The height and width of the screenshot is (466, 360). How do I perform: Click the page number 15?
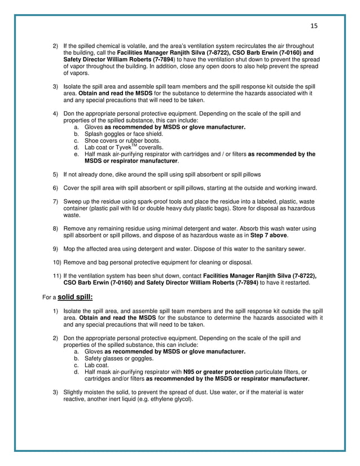pos(314,25)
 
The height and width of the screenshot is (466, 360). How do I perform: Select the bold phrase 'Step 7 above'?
pos(269,235)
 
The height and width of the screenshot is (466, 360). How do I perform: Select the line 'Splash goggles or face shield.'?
pos(115,134)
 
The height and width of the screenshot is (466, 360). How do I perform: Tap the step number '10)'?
pos(57,262)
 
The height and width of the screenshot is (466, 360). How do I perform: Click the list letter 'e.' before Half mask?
pos(76,154)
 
